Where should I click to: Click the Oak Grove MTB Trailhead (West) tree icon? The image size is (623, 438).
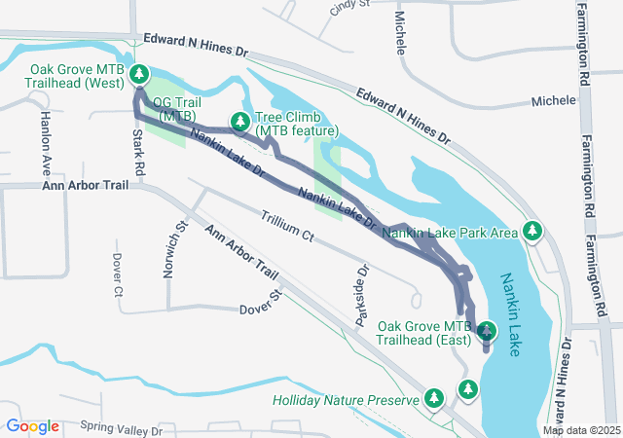click(x=139, y=74)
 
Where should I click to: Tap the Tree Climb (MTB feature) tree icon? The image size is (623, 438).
click(x=239, y=122)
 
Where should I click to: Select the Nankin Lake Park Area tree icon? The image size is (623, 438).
click(x=531, y=231)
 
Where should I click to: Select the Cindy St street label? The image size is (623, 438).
click(x=350, y=5)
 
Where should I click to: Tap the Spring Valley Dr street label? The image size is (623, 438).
click(x=124, y=427)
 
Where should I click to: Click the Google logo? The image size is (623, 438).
click(x=32, y=426)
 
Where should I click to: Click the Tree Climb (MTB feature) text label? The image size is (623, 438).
click(x=297, y=123)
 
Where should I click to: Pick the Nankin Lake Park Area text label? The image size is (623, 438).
click(x=449, y=233)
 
